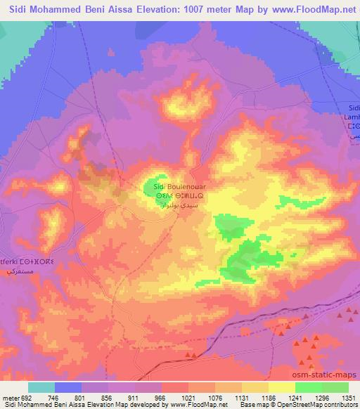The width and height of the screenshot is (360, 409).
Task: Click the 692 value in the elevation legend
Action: (x=22, y=397)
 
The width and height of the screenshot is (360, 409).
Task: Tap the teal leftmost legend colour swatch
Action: (x=41, y=387)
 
